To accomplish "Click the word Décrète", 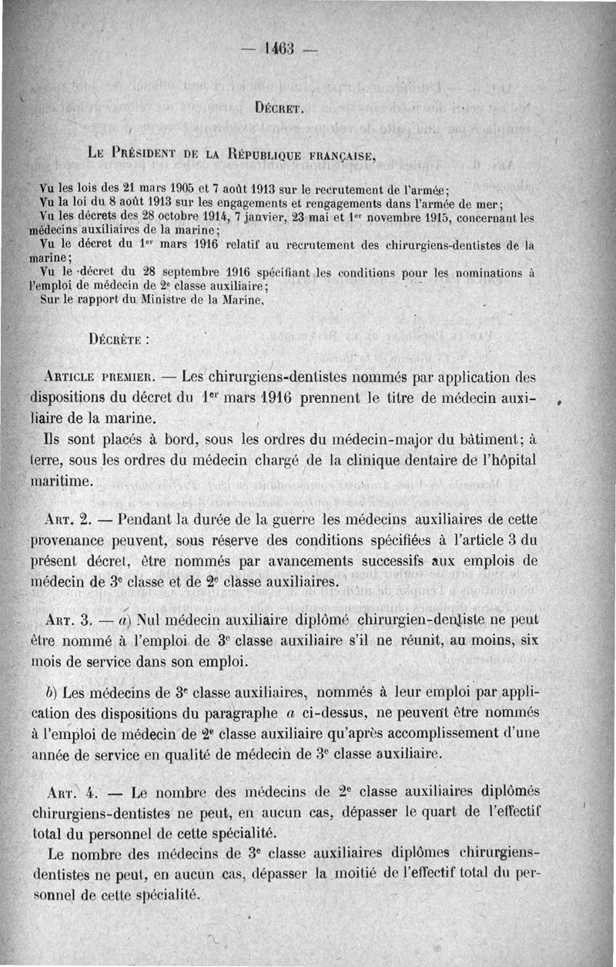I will [x=119, y=337].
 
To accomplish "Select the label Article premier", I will [x=102, y=378].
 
